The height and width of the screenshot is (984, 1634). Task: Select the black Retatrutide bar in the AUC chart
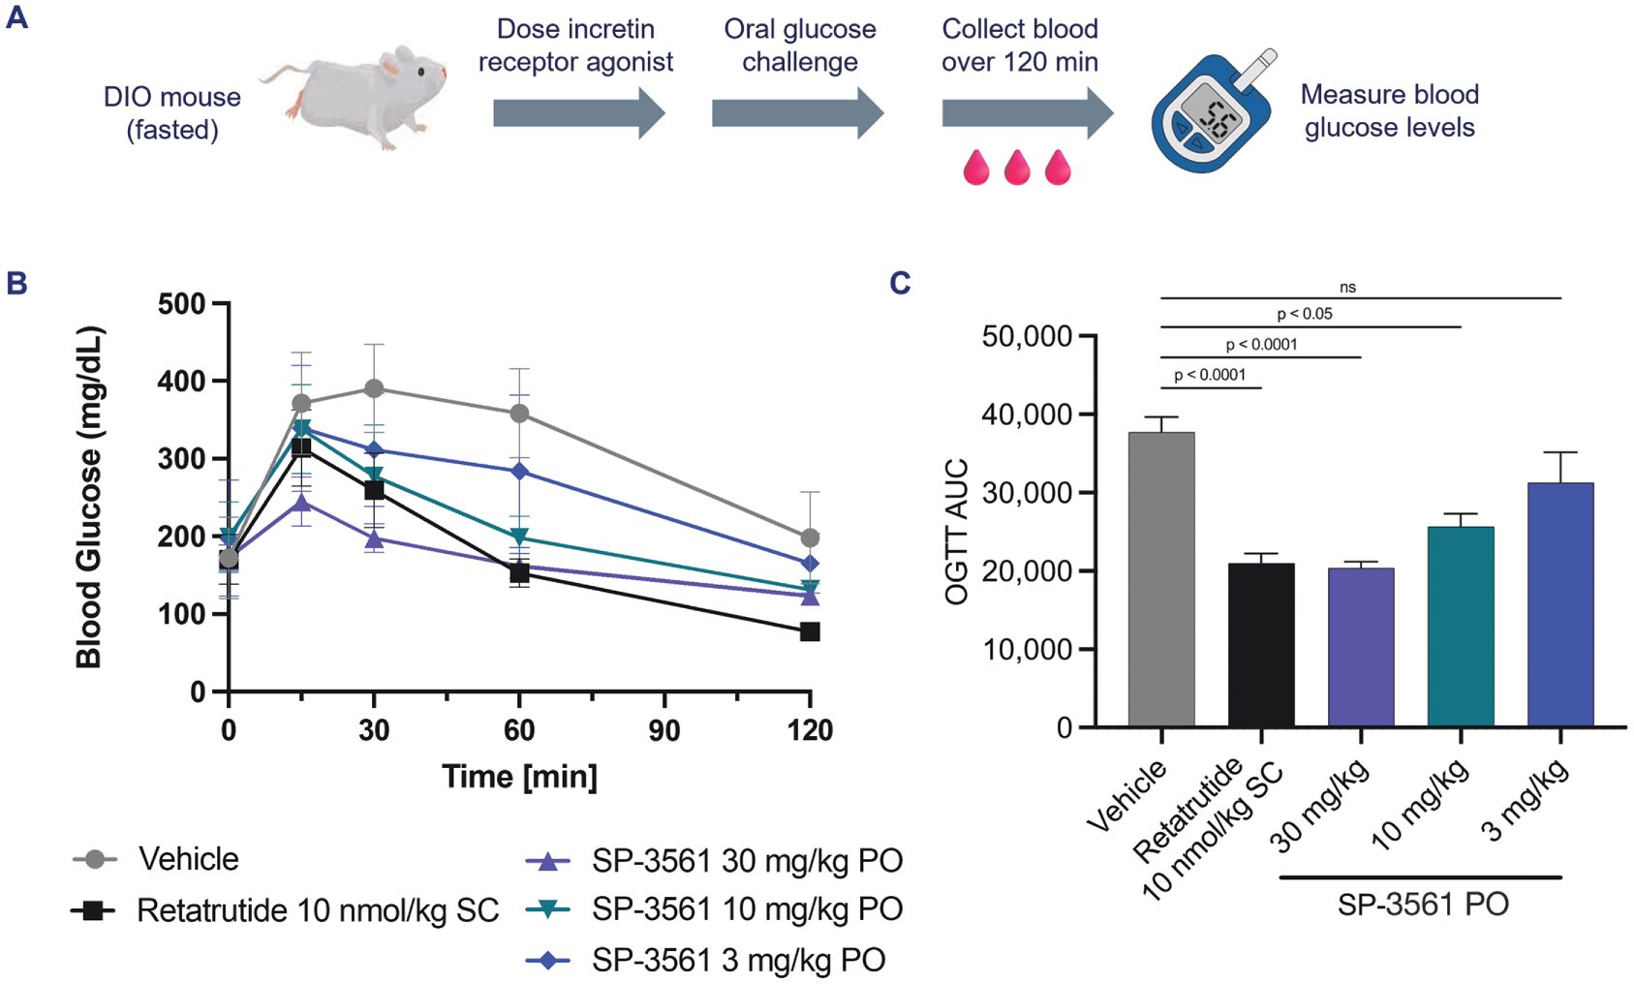(x=1261, y=645)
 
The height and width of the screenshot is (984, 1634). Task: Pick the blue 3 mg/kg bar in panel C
(x=1560, y=604)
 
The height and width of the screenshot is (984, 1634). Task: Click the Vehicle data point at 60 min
(x=519, y=414)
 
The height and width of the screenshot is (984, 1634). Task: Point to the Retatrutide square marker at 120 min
(x=810, y=631)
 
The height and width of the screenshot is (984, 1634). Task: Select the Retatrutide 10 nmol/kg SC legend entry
(x=287, y=910)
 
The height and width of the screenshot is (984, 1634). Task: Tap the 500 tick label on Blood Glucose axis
(x=181, y=304)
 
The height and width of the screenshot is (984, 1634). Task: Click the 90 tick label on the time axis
(x=664, y=730)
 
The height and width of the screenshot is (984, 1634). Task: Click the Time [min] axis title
(x=519, y=777)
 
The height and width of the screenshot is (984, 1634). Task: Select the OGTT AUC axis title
(x=956, y=532)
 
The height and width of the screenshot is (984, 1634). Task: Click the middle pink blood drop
(x=1017, y=167)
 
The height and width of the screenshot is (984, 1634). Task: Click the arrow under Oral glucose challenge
(x=797, y=113)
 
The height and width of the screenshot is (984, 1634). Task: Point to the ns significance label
(x=1347, y=288)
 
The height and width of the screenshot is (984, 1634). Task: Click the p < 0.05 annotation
(x=1304, y=314)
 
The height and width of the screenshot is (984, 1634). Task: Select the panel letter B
(x=16, y=283)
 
